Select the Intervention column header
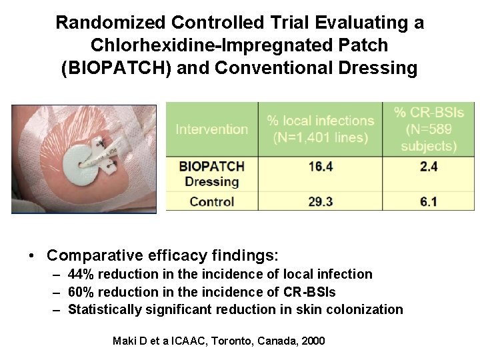point(211,129)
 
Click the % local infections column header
point(320,129)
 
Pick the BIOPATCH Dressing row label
point(211,173)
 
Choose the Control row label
point(211,201)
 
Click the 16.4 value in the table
point(320,167)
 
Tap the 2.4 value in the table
point(429,167)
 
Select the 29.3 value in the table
point(320,201)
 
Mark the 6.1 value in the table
point(429,201)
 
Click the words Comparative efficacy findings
point(163,255)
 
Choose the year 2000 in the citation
point(313,341)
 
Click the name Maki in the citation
point(125,341)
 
